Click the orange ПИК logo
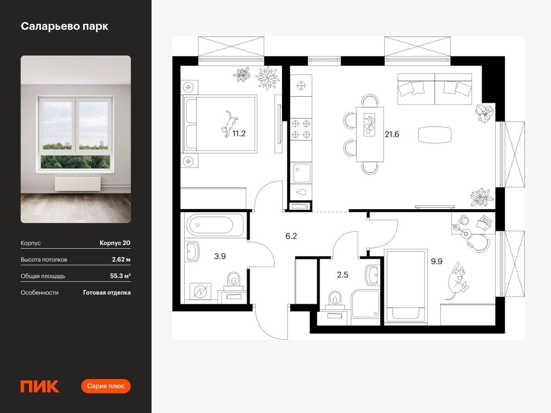40,386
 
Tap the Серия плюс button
106,386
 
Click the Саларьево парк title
65,26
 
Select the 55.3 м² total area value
120,276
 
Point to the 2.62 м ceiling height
121,259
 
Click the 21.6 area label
392,134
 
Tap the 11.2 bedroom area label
239,134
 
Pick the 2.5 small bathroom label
343,275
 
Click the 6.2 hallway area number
291,236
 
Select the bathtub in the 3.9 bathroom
214,225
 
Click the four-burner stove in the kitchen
301,129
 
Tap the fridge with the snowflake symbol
301,86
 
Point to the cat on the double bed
229,124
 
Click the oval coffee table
434,135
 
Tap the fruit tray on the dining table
369,125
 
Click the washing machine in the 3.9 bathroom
200,291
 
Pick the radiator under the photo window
78,184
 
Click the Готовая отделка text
107,293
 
